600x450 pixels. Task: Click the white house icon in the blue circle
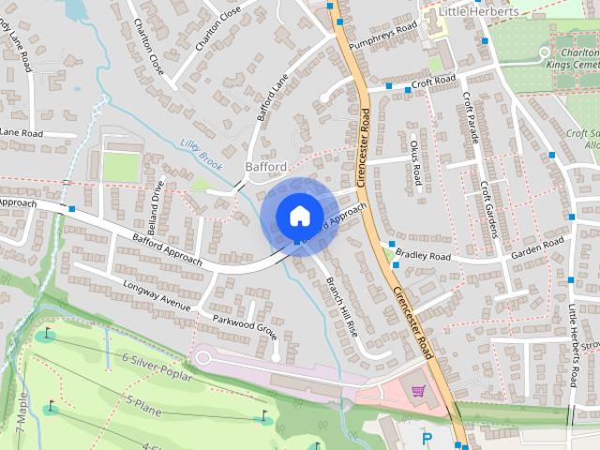[x=298, y=216]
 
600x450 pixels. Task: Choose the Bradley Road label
[x=423, y=255]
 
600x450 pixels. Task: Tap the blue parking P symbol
[x=427, y=438]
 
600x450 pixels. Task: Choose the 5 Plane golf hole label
[x=145, y=405]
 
